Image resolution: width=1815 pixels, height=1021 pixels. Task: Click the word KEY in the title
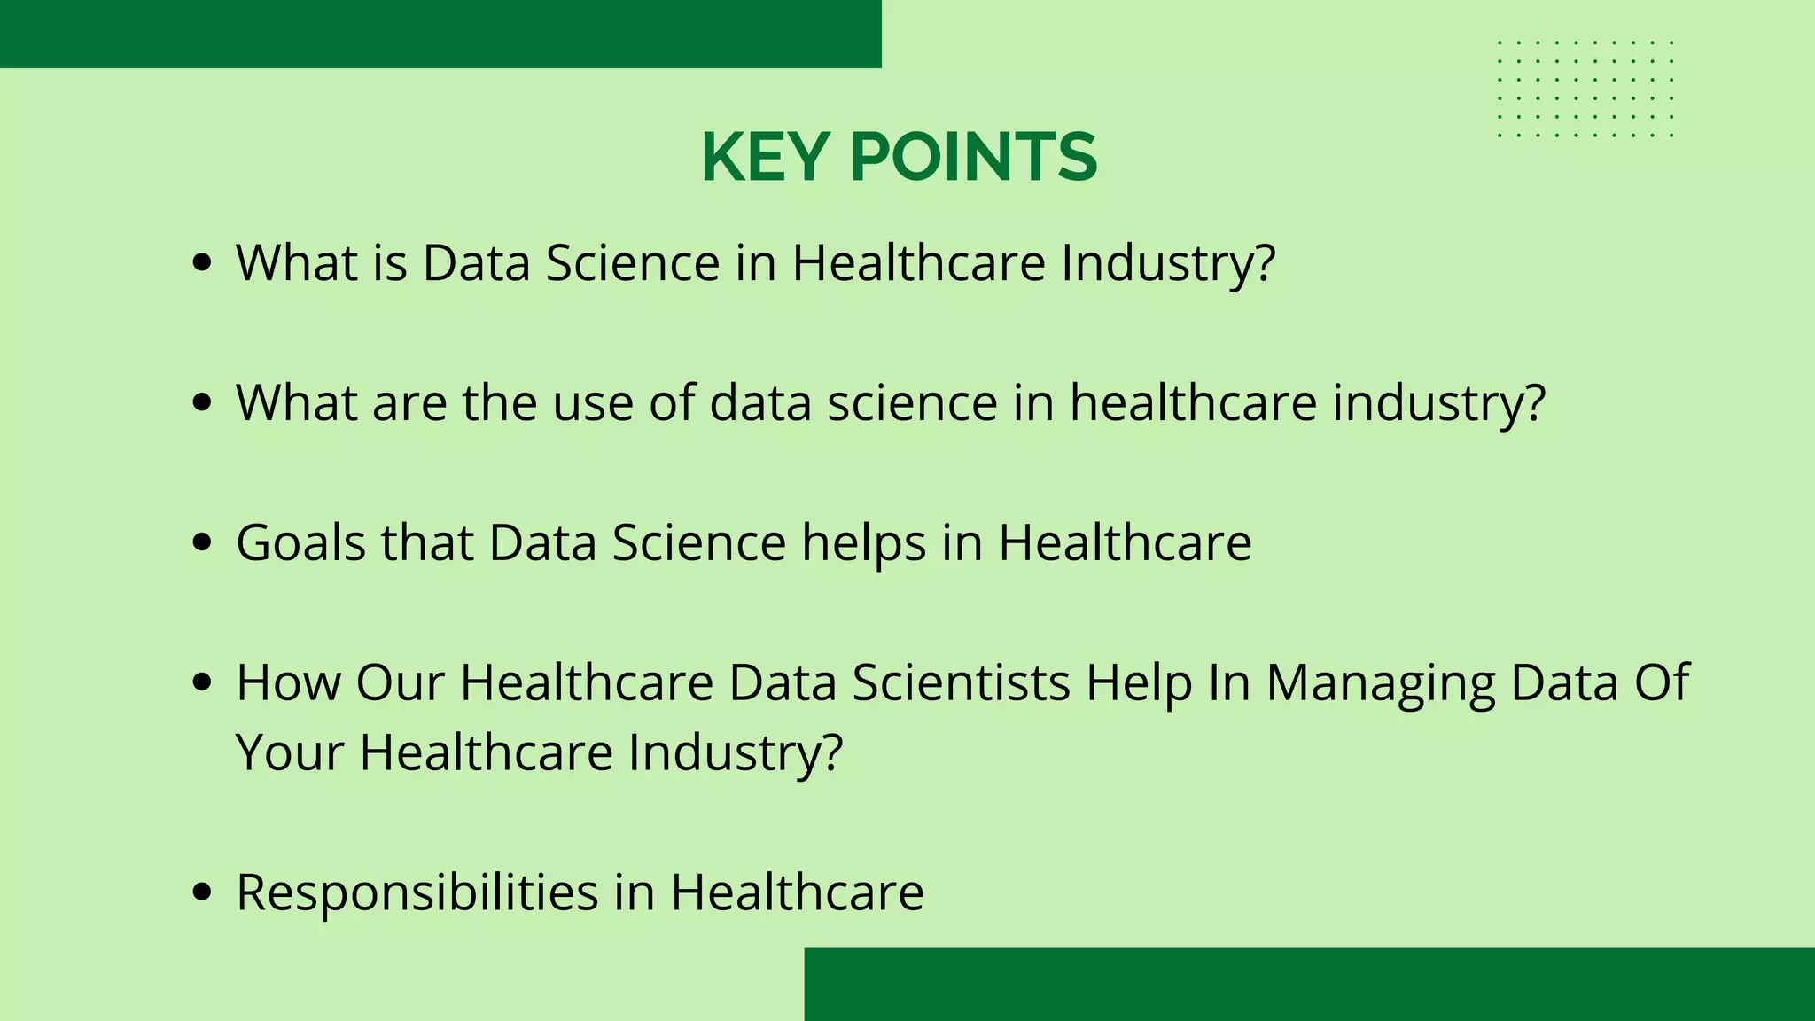point(764,158)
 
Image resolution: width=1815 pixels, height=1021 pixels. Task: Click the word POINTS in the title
point(973,158)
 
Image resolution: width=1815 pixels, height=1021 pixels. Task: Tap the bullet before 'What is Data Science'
point(202,262)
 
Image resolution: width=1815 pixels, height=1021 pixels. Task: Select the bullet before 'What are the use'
point(202,402)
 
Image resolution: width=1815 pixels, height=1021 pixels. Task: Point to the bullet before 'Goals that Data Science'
point(202,542)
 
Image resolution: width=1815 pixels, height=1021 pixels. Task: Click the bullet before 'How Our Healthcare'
point(202,682)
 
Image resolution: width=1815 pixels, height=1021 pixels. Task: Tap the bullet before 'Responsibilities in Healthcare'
point(202,892)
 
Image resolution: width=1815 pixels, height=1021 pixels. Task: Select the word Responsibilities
point(417,892)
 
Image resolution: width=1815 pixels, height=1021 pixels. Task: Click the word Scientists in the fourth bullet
point(961,682)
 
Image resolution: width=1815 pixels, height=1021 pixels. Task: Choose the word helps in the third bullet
point(864,543)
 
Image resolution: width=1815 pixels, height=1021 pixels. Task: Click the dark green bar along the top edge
point(440,34)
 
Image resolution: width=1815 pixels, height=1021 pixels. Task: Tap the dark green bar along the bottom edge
point(1309,984)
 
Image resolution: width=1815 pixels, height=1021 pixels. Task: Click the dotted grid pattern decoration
point(1585,89)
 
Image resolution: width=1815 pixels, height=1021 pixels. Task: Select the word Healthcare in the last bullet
point(797,892)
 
